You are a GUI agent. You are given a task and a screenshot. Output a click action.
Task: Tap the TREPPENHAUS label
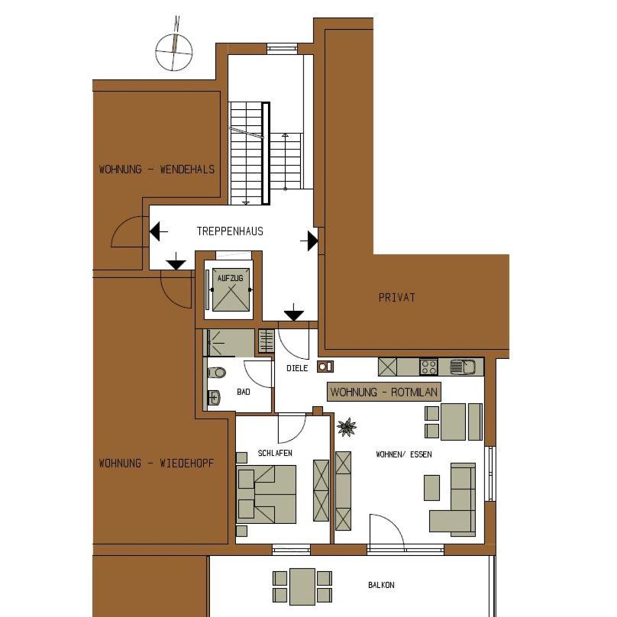230,231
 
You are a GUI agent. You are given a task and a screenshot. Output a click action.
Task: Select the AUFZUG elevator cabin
231,289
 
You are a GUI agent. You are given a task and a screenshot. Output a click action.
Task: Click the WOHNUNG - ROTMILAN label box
383,392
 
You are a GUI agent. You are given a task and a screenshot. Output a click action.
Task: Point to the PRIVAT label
396,298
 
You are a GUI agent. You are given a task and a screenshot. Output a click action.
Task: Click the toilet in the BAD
216,372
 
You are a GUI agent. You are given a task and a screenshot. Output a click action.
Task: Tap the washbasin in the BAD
213,397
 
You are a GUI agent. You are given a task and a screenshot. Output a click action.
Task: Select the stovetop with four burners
428,367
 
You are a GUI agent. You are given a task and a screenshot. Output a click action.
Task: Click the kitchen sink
463,367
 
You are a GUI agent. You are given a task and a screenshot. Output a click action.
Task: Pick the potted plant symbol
347,428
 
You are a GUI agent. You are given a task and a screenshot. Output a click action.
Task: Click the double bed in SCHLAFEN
267,495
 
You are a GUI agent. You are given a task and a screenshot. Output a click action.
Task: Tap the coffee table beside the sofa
431,488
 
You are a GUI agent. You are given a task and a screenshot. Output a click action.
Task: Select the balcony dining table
302,586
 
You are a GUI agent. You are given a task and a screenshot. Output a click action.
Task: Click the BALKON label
381,585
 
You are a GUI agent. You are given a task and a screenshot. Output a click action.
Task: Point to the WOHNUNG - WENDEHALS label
157,170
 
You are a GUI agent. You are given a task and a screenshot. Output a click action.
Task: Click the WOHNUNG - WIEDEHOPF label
157,464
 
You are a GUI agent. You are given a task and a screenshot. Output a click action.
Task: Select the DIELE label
297,368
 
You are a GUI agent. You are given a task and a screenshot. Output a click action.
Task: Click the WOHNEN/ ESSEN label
404,454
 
